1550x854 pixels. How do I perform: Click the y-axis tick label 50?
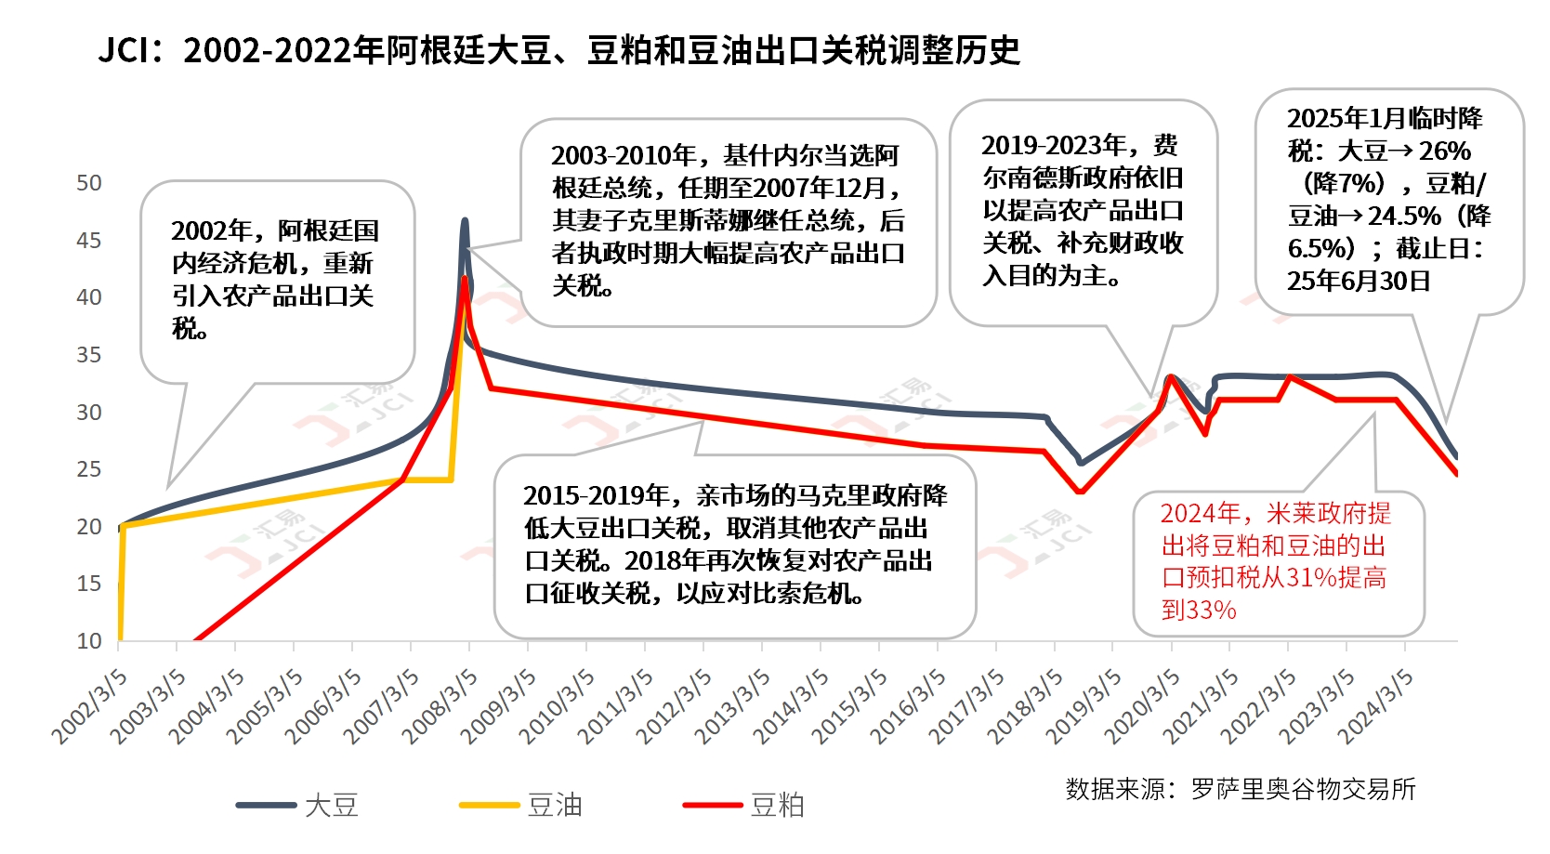click(x=89, y=183)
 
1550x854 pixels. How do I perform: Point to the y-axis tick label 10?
click(x=89, y=641)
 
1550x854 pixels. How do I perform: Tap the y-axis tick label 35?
click(x=89, y=355)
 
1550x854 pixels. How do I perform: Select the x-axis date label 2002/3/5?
click(x=89, y=706)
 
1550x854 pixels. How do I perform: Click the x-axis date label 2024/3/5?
click(x=1376, y=706)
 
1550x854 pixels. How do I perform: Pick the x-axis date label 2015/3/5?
click(x=849, y=706)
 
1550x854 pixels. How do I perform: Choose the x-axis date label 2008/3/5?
click(x=440, y=706)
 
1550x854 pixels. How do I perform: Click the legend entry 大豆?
click(x=332, y=805)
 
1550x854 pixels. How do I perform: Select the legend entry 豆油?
click(x=555, y=805)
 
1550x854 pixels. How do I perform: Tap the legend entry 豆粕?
click(x=778, y=805)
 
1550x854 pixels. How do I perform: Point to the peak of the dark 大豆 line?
click(x=465, y=221)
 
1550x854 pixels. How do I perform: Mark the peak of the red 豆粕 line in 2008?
click(x=465, y=278)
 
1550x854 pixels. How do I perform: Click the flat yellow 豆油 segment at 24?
click(x=427, y=480)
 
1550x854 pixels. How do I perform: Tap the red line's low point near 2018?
click(x=1079, y=492)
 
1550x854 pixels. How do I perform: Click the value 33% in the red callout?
click(x=1200, y=611)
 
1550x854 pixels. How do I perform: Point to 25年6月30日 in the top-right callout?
click(x=1358, y=281)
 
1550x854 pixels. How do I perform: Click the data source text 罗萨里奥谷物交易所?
click(x=1303, y=789)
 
